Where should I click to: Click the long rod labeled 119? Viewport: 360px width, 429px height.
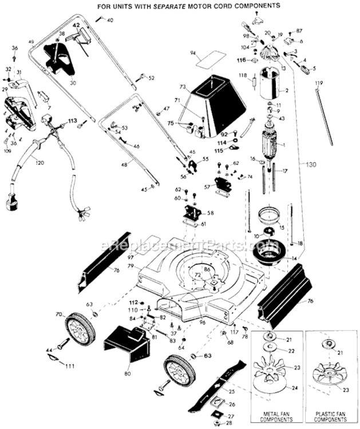click(325, 117)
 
